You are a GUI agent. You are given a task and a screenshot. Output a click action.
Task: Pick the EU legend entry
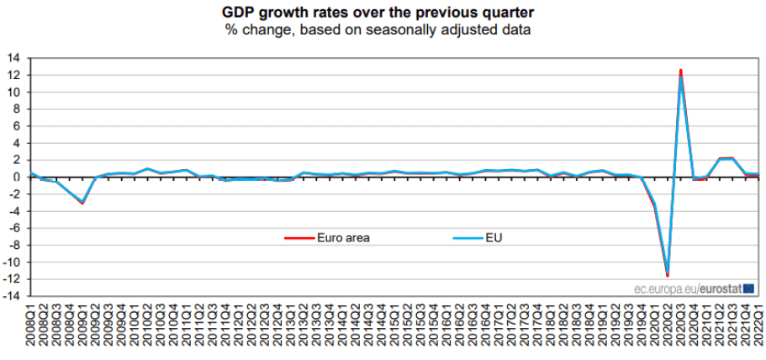[x=494, y=237]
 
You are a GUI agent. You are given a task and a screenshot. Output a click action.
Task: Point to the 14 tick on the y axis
[x=15, y=58]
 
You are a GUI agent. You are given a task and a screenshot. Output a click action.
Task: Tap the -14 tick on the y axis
[x=13, y=296]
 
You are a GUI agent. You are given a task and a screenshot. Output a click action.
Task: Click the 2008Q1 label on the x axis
[x=31, y=328]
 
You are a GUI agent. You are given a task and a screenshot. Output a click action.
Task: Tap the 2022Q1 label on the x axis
[x=759, y=328]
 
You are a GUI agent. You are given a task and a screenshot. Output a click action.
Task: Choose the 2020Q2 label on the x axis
[x=668, y=328]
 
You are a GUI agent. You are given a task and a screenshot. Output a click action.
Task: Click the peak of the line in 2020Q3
[x=681, y=71]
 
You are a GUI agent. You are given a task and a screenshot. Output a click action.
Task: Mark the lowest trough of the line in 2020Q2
[x=668, y=275]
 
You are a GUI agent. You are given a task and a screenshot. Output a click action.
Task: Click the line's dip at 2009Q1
[x=82, y=203]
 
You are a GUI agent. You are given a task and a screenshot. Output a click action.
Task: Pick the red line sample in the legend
[x=299, y=237]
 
